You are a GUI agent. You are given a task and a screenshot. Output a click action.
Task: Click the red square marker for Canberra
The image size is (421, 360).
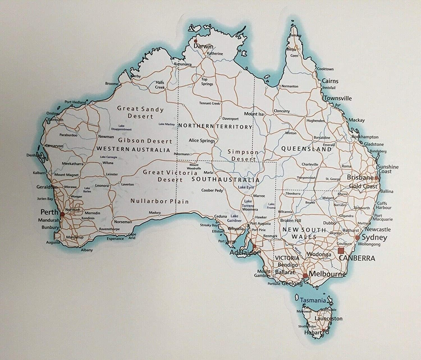341,251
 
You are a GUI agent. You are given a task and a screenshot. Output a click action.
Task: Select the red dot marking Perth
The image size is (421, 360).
62,214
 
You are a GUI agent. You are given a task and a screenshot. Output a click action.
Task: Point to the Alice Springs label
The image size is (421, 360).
202,140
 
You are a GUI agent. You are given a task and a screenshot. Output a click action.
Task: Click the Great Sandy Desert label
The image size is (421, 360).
140,112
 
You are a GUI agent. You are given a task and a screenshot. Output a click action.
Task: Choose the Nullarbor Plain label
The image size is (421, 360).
159,201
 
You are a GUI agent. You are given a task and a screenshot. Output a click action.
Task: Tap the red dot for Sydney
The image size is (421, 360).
357,237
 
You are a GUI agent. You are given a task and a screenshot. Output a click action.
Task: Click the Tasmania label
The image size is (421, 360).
313,300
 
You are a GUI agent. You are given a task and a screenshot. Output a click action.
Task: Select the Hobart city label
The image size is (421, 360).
313,333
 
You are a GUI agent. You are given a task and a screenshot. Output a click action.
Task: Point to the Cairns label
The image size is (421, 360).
330,81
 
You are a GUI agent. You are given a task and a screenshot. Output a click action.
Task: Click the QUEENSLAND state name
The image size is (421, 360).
306,149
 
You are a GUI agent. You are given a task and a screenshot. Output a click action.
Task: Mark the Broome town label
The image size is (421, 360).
111,84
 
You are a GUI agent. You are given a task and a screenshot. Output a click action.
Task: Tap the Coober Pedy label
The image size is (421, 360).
212,190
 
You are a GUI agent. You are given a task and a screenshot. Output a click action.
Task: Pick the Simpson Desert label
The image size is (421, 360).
243,155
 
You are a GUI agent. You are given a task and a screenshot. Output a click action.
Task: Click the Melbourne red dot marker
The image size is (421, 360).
305,276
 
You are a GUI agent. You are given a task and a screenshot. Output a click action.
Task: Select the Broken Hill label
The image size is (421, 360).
290,221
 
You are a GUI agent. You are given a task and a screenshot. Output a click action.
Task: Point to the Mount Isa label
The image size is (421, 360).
254,114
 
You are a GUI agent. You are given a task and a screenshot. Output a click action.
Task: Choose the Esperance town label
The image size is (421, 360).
115,239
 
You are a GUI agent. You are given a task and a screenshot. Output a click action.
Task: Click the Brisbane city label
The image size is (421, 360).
360,177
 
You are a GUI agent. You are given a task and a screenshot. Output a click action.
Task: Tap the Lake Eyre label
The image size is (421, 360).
246,187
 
